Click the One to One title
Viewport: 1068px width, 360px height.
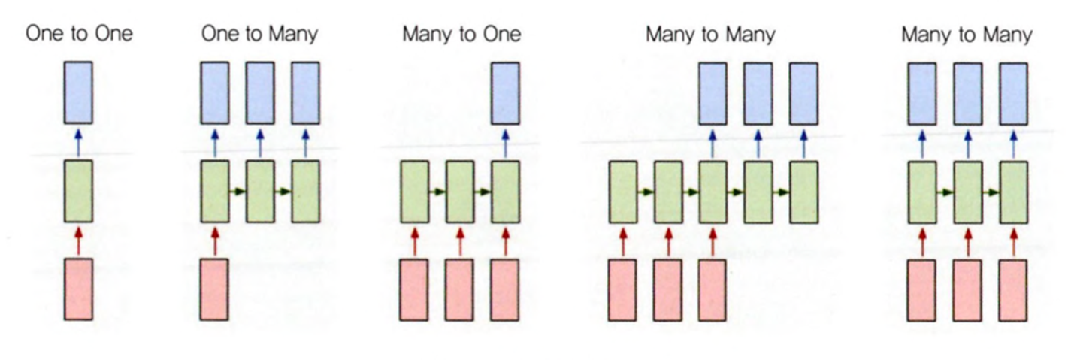(79, 34)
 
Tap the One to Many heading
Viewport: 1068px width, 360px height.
(259, 34)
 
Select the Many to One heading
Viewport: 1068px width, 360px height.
(461, 34)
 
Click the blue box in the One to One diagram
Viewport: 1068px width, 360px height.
(78, 92)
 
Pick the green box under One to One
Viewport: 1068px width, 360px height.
(78, 191)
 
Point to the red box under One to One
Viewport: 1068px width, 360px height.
(78, 289)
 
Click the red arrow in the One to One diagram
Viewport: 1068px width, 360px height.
(78, 241)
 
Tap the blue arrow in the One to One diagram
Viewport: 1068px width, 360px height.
(78, 142)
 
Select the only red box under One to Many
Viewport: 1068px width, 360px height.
(214, 289)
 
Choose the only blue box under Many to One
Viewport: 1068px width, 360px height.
(505, 92)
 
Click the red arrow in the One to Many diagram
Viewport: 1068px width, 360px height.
(214, 241)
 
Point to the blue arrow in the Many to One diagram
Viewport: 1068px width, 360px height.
(505, 142)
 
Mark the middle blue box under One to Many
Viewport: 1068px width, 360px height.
(259, 92)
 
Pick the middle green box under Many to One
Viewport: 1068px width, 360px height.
(460, 191)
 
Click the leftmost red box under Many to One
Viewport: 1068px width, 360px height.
(414, 289)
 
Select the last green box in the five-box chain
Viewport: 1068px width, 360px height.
(803, 191)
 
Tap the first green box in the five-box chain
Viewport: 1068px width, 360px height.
(622, 191)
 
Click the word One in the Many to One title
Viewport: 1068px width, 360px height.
(504, 34)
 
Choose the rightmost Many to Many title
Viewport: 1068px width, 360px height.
(967, 34)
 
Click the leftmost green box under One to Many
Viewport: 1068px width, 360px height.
(214, 191)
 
